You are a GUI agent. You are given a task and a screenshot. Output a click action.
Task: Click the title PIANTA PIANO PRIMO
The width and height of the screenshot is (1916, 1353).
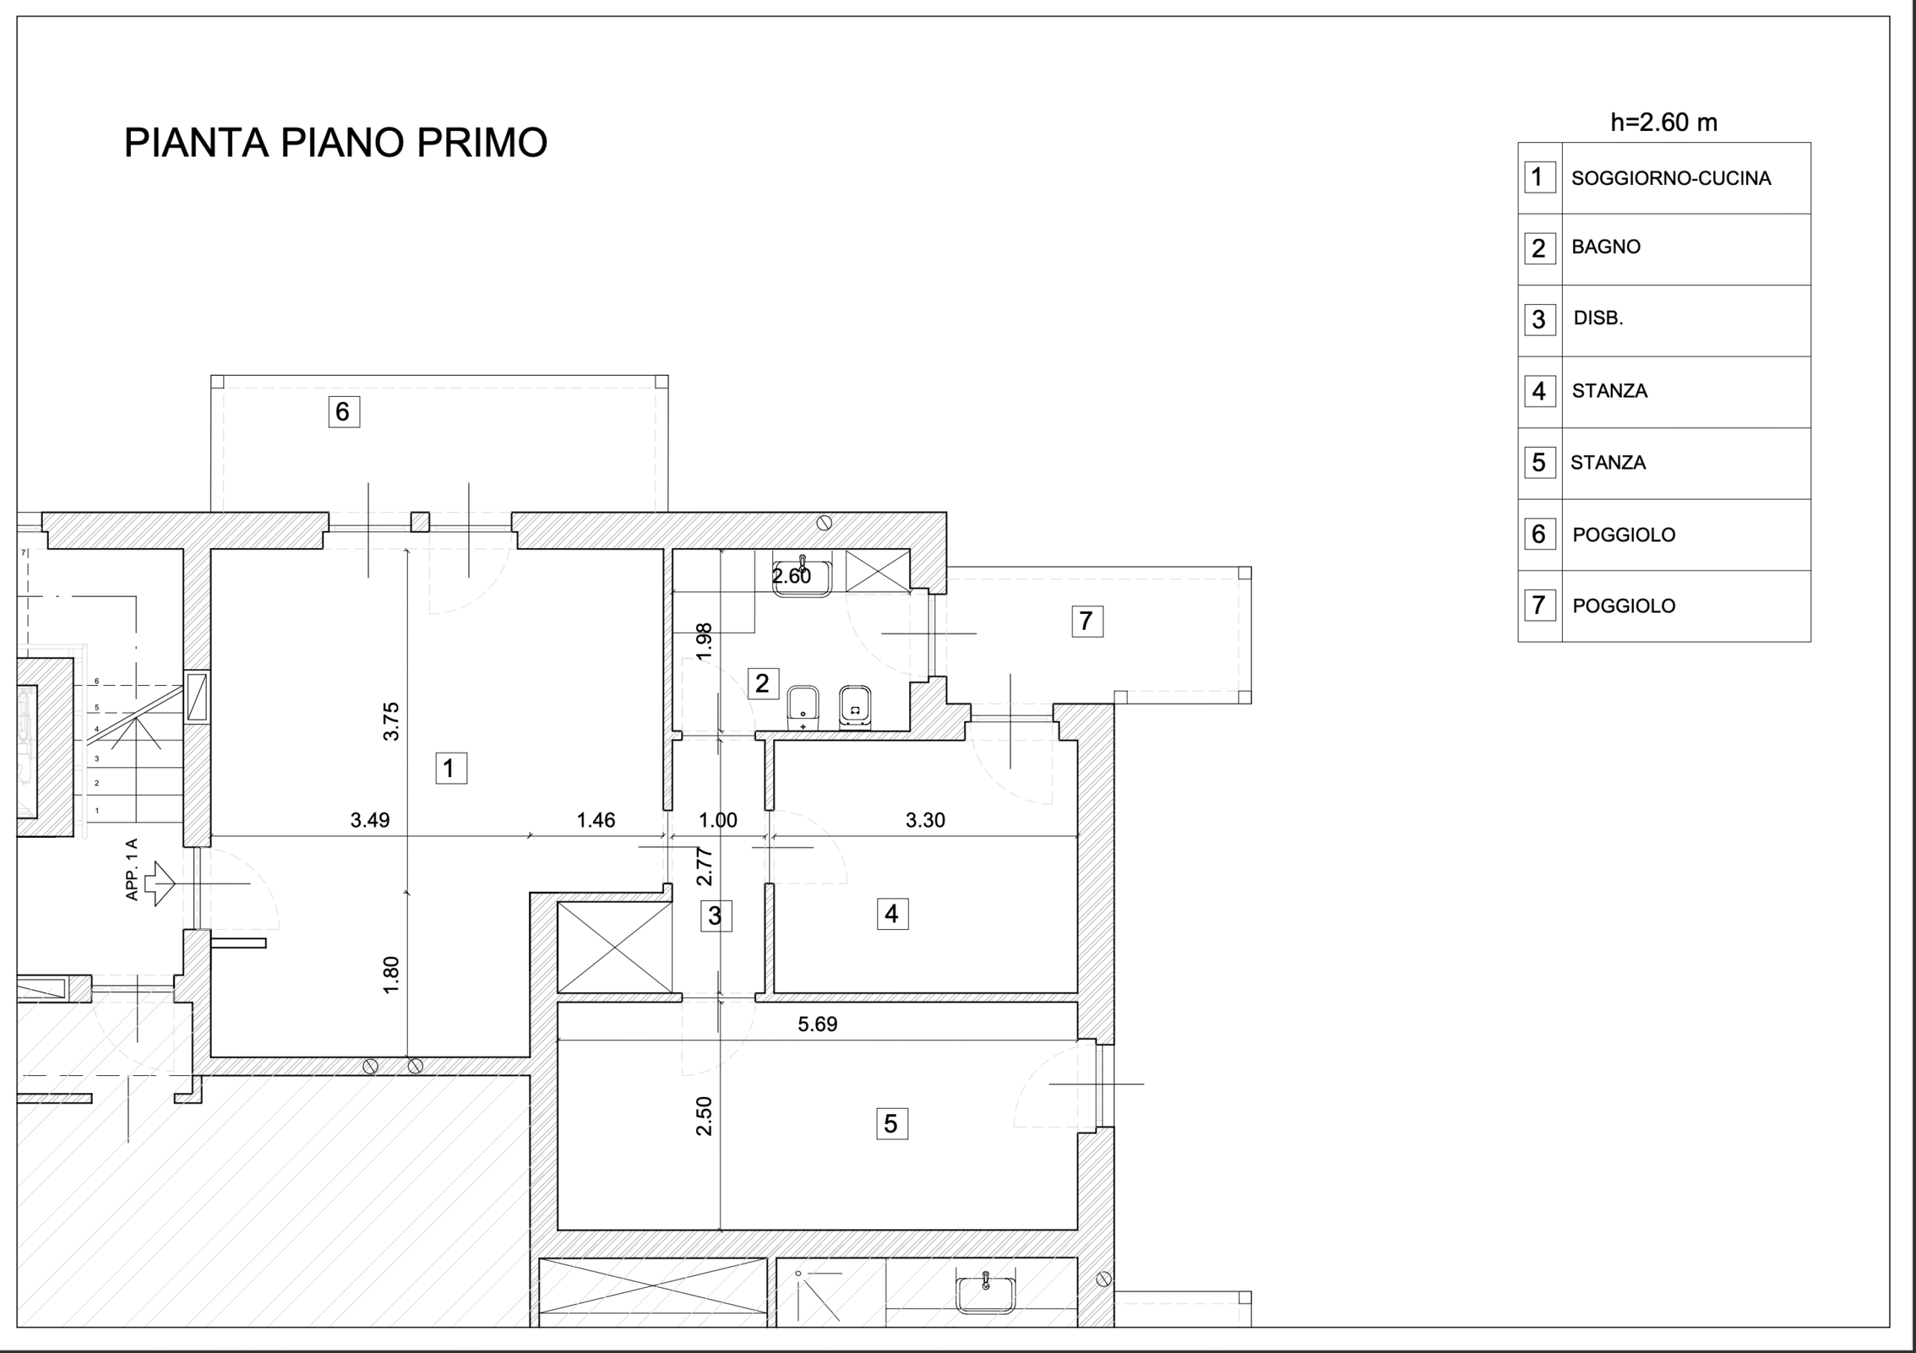pos(335,143)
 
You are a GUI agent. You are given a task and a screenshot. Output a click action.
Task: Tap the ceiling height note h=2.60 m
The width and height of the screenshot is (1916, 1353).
pos(1663,123)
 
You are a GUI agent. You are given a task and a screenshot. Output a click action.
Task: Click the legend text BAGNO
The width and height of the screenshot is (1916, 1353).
pos(1605,247)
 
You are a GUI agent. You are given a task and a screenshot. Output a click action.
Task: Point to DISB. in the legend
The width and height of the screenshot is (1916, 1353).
pos(1598,318)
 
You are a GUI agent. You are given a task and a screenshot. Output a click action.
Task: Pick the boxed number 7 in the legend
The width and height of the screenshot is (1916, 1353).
pos(1539,605)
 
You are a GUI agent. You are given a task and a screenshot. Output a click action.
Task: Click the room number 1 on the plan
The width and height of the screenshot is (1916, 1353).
pos(451,768)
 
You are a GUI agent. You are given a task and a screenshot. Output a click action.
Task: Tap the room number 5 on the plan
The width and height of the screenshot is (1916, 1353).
pos(891,1123)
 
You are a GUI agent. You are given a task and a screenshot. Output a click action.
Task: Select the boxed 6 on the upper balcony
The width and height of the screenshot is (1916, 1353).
pos(343,412)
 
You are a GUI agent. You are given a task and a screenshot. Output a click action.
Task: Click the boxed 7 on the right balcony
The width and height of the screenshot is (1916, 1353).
pos(1087,621)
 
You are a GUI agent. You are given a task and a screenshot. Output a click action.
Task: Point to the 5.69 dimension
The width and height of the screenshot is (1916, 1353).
pos(817,1024)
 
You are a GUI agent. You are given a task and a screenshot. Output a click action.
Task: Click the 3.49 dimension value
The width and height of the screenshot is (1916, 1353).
pos(370,821)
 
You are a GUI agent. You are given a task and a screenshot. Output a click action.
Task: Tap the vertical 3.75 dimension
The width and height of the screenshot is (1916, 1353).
pos(391,721)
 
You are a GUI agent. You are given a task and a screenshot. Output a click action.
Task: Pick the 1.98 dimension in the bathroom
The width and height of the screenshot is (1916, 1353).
pos(704,642)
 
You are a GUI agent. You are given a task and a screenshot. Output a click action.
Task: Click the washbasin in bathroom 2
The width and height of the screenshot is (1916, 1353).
pos(802,577)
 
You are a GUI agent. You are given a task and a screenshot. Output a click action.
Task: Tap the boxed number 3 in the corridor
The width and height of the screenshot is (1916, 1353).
pos(716,916)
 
